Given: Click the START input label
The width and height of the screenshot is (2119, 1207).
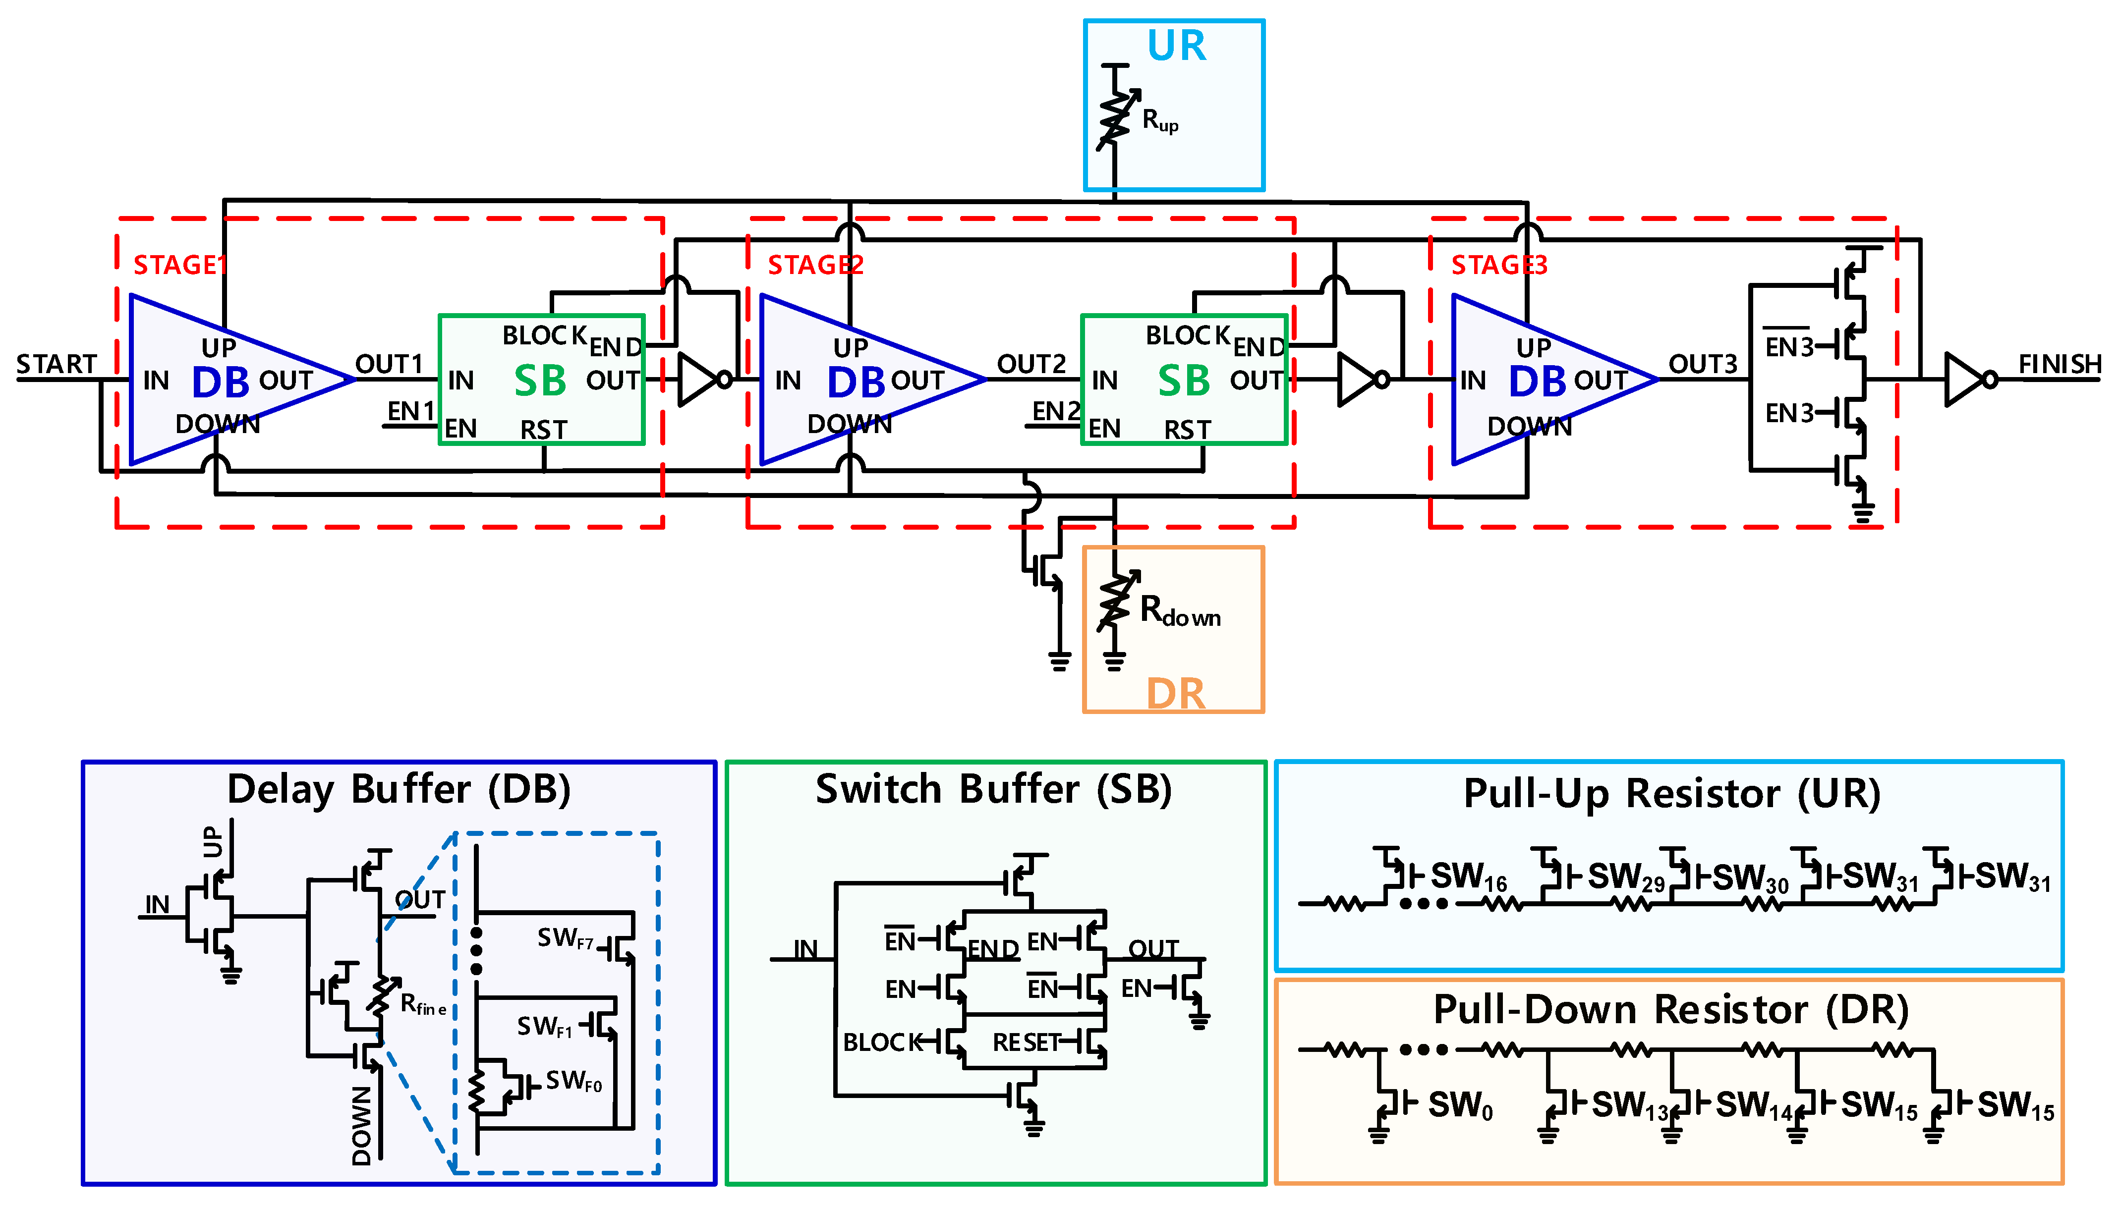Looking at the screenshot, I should (x=57, y=364).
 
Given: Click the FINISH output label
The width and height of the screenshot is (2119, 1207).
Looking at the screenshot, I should (x=2060, y=364).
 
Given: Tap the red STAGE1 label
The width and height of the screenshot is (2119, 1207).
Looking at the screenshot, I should (x=179, y=265).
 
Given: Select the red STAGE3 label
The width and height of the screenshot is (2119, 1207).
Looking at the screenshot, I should (x=1498, y=265).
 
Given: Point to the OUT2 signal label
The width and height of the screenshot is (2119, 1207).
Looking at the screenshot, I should (x=1031, y=364).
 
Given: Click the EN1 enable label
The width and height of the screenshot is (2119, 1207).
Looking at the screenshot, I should (x=410, y=411).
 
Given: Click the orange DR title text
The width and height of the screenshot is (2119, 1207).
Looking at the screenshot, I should (x=1175, y=693).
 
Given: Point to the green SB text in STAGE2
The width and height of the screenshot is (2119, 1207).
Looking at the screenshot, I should (x=1183, y=382).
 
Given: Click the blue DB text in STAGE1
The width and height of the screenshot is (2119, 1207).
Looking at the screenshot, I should (x=221, y=382).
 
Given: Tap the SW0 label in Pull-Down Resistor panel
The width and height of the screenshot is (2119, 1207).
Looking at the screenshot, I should (x=1460, y=1106).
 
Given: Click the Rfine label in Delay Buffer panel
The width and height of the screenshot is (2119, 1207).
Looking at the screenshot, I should (x=423, y=1005).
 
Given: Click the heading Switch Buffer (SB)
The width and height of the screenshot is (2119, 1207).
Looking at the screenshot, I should (x=993, y=789).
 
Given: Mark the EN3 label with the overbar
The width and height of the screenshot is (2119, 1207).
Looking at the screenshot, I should (x=1788, y=346).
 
